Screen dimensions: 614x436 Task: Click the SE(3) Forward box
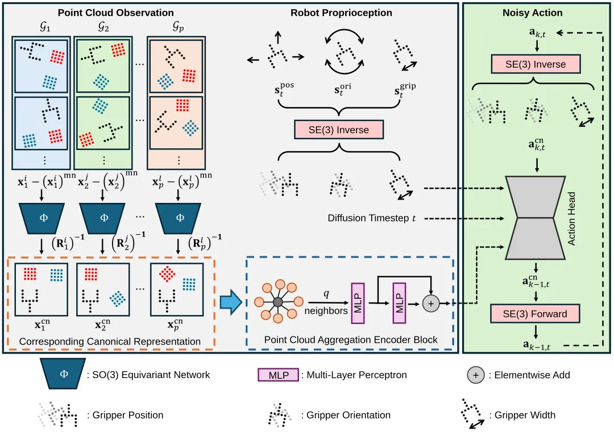(535, 314)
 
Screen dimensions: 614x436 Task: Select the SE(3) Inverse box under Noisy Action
(536, 64)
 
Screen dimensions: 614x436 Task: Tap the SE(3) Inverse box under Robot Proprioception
(339, 130)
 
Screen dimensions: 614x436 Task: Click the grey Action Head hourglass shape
(536, 218)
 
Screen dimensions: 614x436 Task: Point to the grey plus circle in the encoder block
(431, 304)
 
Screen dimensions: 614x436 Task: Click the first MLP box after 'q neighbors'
(358, 304)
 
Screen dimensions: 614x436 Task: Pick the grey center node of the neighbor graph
(277, 302)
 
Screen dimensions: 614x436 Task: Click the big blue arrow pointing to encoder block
(231, 302)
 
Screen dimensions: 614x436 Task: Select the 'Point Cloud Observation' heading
(116, 13)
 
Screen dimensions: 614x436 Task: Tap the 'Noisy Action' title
(533, 13)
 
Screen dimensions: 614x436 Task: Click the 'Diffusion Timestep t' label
(372, 218)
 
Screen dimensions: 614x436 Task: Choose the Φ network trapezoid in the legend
(63, 374)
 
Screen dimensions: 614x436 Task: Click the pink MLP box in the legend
(279, 375)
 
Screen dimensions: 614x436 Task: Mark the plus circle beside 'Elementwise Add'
(476, 375)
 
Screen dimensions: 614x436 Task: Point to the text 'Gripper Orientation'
(348, 415)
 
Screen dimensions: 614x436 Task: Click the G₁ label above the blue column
(45, 27)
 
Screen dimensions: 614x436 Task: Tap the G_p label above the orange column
(178, 27)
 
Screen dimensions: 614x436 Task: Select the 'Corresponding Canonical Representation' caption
(110, 341)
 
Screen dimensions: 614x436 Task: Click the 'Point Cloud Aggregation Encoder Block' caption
(351, 340)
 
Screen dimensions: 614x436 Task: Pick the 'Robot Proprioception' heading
(341, 13)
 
